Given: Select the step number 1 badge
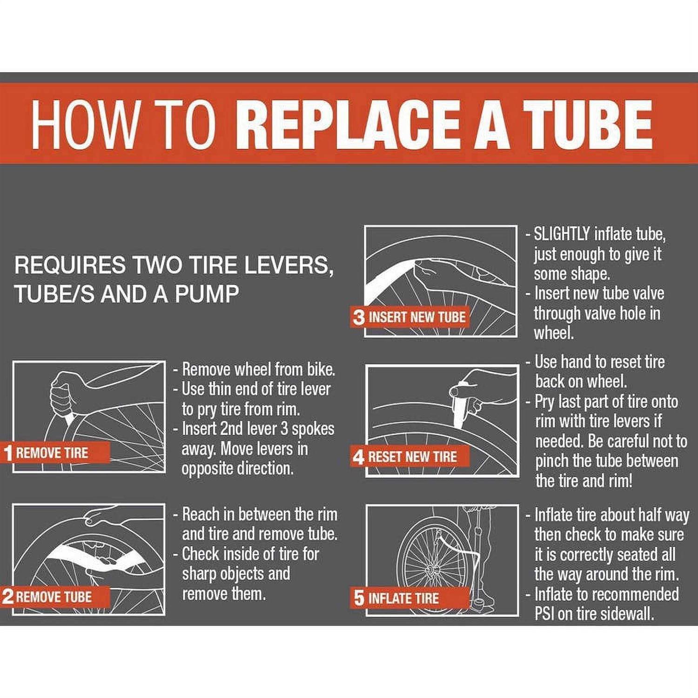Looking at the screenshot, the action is [x=7, y=453].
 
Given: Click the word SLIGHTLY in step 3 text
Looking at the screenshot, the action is [x=562, y=234].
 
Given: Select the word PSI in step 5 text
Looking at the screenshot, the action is [x=544, y=614].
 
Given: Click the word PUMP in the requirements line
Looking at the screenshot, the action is [x=207, y=295].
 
